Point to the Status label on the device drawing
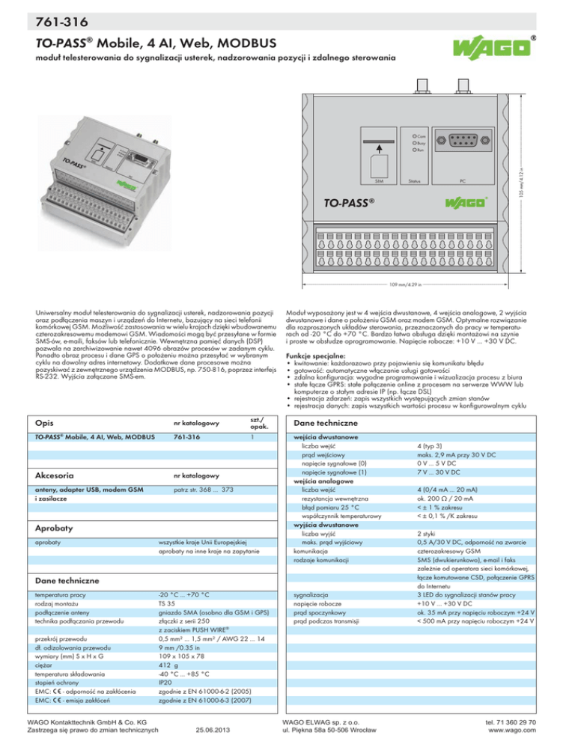point(414,180)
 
